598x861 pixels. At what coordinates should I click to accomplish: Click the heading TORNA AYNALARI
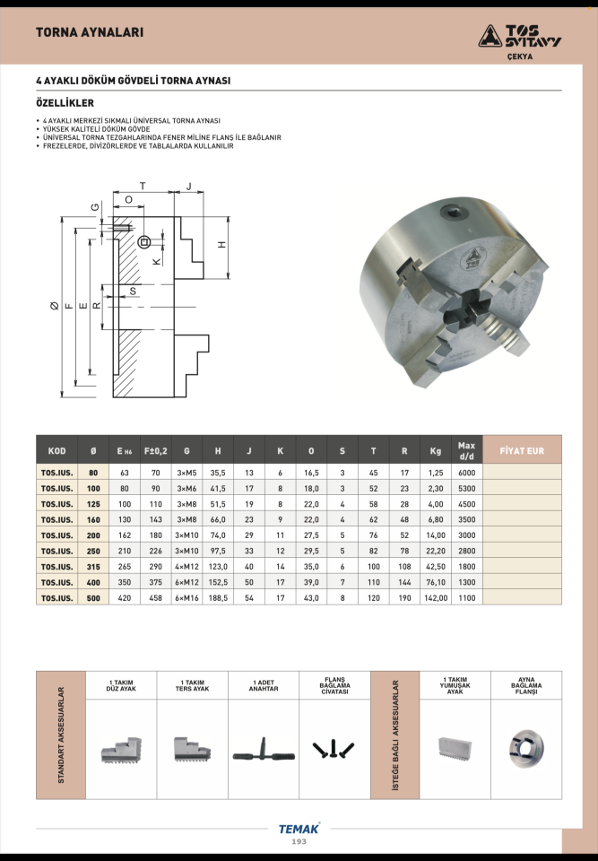(90, 32)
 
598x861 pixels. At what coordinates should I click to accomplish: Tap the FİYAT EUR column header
(522, 451)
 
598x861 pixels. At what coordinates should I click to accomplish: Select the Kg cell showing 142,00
(436, 598)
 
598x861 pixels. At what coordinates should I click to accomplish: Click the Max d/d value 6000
(467, 473)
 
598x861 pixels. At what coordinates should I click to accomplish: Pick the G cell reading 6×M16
(186, 598)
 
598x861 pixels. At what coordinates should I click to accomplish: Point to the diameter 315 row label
(93, 567)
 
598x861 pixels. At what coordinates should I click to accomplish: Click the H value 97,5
(218, 551)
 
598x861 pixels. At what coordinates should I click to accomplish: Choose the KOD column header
(57, 451)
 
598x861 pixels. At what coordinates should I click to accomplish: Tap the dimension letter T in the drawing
(143, 187)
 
